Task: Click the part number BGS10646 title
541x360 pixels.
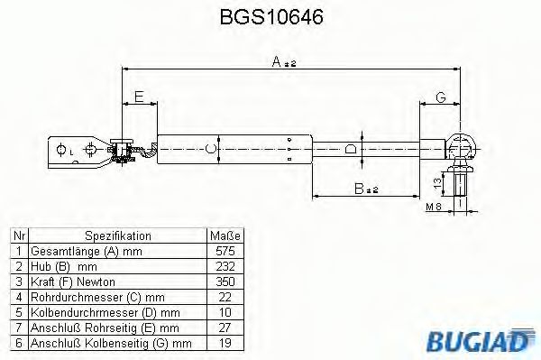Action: point(271,16)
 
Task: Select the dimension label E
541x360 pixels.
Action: point(139,97)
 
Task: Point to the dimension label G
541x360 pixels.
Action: point(441,97)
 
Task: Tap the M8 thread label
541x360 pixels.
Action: point(434,207)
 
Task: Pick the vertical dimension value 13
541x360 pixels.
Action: point(437,182)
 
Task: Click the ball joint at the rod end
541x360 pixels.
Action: point(461,147)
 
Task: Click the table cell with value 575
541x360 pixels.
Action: point(225,251)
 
